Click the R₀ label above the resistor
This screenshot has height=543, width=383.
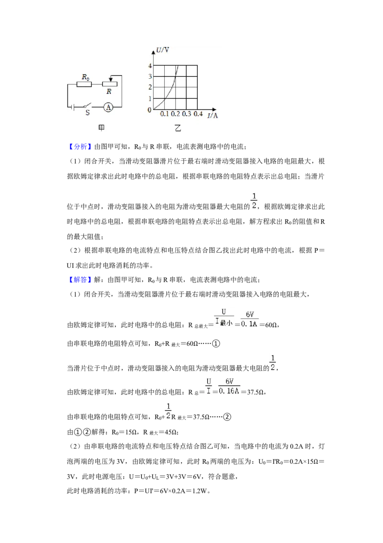tap(85, 77)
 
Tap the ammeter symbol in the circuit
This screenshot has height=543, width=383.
tap(109, 107)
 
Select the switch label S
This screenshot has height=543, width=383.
tap(88, 113)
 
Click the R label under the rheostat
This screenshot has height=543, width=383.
tap(109, 92)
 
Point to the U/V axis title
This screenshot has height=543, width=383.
tap(162, 50)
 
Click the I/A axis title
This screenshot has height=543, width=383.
tap(213, 115)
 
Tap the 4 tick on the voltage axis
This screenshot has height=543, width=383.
tap(150, 66)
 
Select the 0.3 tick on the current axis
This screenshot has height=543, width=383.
tap(187, 114)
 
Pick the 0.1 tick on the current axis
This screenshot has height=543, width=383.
tap(165, 114)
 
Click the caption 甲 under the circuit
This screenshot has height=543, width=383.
tap(101, 128)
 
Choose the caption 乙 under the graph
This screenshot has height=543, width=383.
tap(178, 128)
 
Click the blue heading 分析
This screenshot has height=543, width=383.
tap(80, 146)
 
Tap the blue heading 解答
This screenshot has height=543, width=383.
tap(80, 280)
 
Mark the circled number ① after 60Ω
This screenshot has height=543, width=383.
tap(216, 343)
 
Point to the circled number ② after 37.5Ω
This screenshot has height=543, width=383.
tap(227, 416)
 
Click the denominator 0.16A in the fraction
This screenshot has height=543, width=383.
tap(229, 391)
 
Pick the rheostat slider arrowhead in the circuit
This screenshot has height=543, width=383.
tap(110, 80)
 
